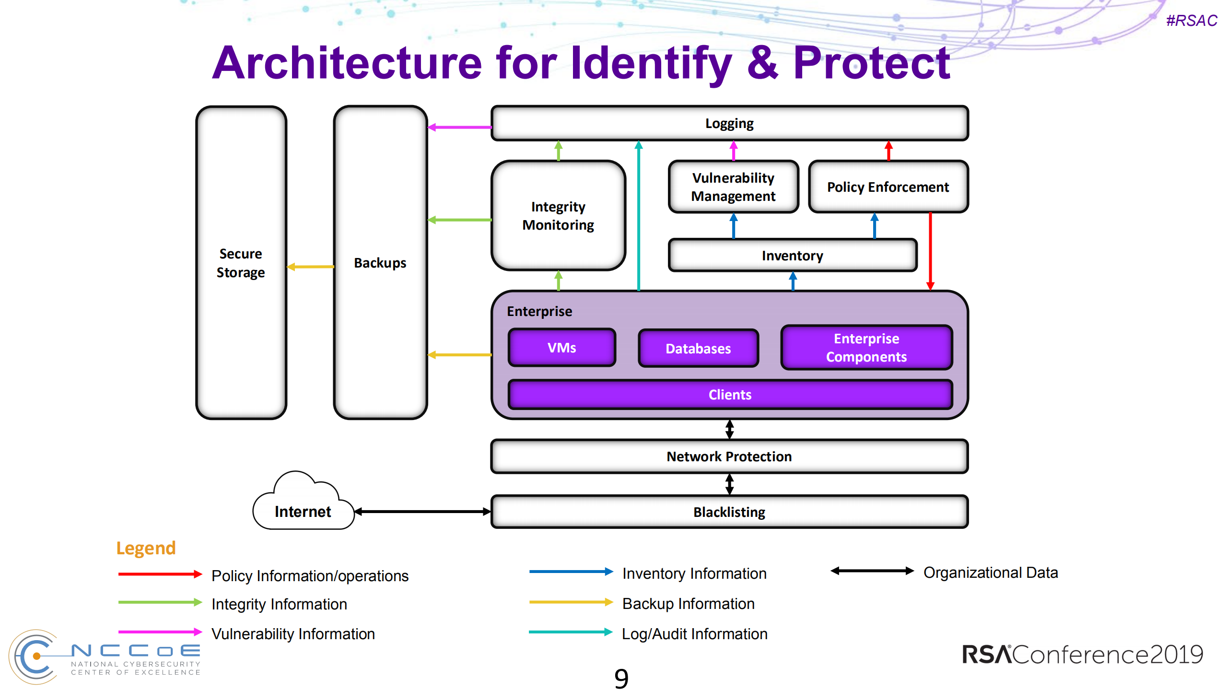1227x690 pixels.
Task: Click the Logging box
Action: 729,124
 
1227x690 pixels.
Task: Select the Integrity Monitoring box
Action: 558,216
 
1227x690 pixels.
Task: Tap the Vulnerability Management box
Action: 733,187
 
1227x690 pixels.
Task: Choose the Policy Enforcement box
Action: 888,187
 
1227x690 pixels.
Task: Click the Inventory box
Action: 792,256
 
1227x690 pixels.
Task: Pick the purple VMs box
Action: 561,348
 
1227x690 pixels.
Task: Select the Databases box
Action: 698,349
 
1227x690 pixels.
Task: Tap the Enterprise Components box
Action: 866,348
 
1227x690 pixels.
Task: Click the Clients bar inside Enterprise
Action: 730,395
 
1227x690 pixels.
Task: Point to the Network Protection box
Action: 729,456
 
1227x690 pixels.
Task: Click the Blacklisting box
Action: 729,512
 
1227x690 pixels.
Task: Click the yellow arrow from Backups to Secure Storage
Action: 311,267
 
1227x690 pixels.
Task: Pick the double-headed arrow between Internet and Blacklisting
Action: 422,512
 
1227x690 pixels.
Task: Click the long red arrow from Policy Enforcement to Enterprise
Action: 930,249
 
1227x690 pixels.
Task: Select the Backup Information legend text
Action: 688,604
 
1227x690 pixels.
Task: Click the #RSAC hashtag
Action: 1192,21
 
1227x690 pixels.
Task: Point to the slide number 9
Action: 621,678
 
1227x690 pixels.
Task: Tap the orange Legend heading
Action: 146,548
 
